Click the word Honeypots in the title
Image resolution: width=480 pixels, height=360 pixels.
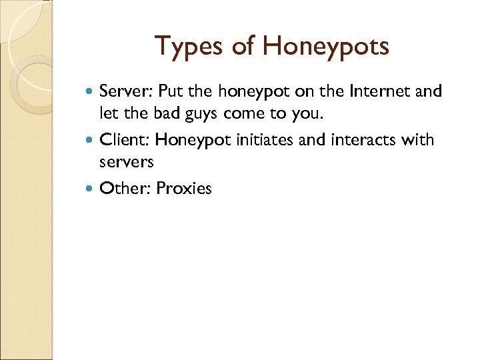pos(326,47)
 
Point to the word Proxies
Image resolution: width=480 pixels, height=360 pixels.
pos(184,189)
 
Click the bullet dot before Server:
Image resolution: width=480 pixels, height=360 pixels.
pos(90,91)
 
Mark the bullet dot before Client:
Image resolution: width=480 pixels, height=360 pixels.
pos(90,140)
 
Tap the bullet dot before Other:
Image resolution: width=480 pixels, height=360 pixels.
pos(90,189)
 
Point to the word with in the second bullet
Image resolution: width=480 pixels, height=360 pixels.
pos(419,140)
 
